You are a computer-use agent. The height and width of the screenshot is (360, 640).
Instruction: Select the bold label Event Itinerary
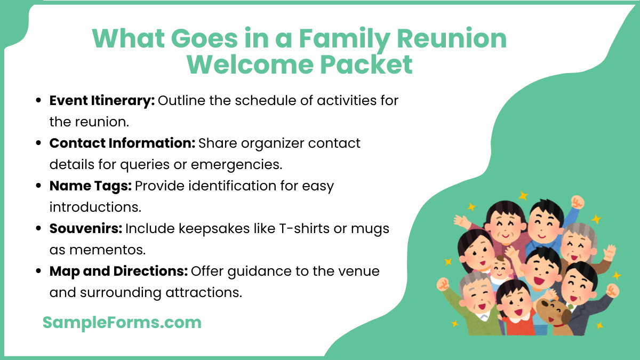click(102, 100)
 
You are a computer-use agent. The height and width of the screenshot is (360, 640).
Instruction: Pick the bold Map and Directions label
click(118, 271)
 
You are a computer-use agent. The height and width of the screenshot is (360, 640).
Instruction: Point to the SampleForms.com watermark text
click(122, 322)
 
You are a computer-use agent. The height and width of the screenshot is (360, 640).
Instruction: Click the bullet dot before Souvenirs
click(38, 229)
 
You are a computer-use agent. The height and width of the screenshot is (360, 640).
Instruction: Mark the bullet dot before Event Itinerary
click(38, 101)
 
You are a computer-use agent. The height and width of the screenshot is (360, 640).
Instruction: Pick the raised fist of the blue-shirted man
click(577, 202)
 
